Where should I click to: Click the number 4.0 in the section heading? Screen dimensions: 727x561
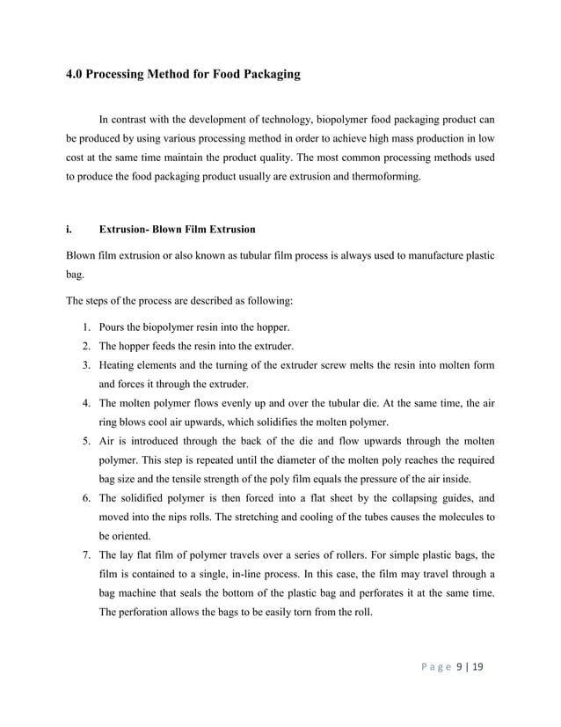point(76,75)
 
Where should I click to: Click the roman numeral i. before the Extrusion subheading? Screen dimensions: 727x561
point(69,230)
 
